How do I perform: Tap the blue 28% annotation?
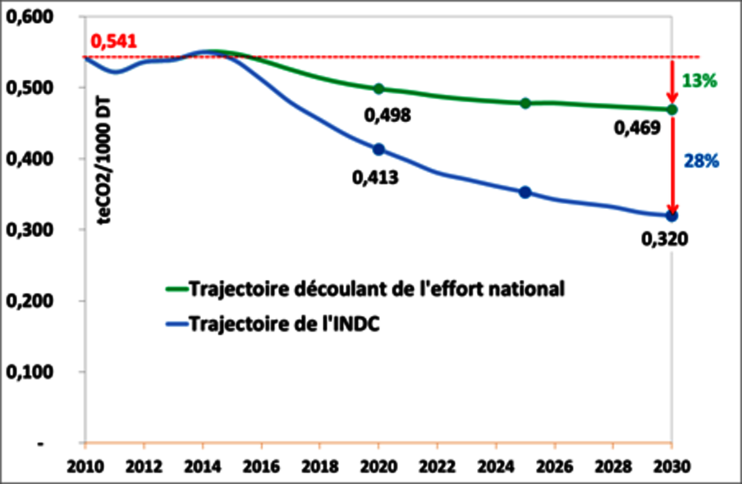click(702, 161)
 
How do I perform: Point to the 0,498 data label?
click(388, 116)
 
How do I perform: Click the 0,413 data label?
click(375, 177)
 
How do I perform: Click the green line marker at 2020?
click(378, 89)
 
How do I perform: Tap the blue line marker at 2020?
click(378, 149)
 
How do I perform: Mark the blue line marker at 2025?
click(525, 192)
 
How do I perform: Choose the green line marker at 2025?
click(525, 103)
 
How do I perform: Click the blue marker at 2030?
click(671, 215)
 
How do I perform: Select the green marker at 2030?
click(671, 109)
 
